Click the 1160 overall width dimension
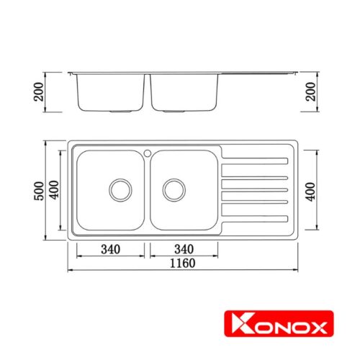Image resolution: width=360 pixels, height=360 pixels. coord(184,263)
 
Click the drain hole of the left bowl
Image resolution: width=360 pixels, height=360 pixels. coord(120,189)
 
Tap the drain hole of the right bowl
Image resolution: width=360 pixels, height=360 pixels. coord(174,189)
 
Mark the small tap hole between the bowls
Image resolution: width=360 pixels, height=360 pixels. coord(147,153)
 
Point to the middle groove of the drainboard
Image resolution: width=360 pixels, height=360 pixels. coord(256,190)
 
